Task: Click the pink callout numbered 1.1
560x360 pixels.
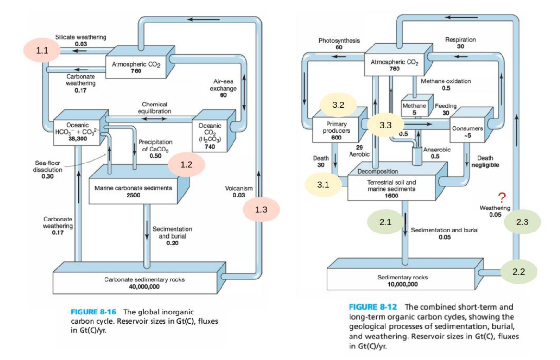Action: pos(42,50)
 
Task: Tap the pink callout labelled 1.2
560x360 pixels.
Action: pos(187,164)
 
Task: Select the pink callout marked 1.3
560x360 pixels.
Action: pos(261,209)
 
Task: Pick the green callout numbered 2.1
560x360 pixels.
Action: pos(385,222)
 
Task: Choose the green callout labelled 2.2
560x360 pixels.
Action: pos(519,272)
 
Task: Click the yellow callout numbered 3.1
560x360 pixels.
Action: pos(323,185)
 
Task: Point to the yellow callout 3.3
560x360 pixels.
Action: pos(385,125)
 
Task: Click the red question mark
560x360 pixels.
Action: pos(502,197)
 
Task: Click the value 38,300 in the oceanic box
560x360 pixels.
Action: pos(78,139)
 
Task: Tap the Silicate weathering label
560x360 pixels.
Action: pos(81,37)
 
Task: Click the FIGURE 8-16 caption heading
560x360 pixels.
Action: pos(93,312)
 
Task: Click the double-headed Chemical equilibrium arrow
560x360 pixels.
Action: pos(154,118)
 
